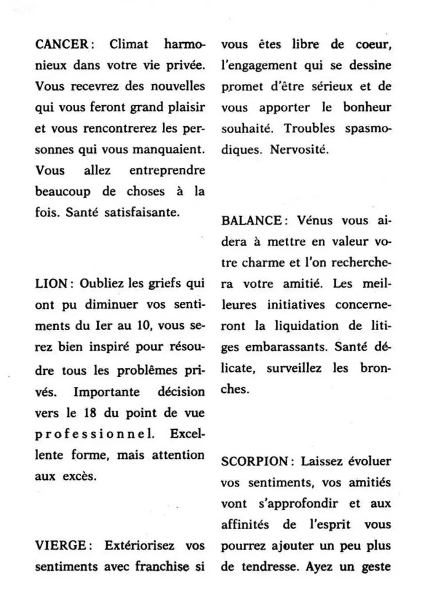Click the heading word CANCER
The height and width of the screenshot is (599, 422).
coord(62,44)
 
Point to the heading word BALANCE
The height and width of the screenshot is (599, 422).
coord(251,221)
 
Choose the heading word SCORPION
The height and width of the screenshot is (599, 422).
coord(255,461)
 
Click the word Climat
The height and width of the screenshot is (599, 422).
coord(129,44)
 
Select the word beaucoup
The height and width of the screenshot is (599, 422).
coord(63,192)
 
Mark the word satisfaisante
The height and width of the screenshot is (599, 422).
coord(142,213)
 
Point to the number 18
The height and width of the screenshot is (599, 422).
coord(90,413)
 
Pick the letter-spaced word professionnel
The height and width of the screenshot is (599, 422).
coord(95,434)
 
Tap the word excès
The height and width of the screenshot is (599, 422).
coord(79,476)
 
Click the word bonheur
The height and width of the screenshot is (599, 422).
coord(367,107)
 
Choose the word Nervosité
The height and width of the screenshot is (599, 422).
coord(299,150)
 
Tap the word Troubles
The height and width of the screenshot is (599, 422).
coord(310,129)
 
